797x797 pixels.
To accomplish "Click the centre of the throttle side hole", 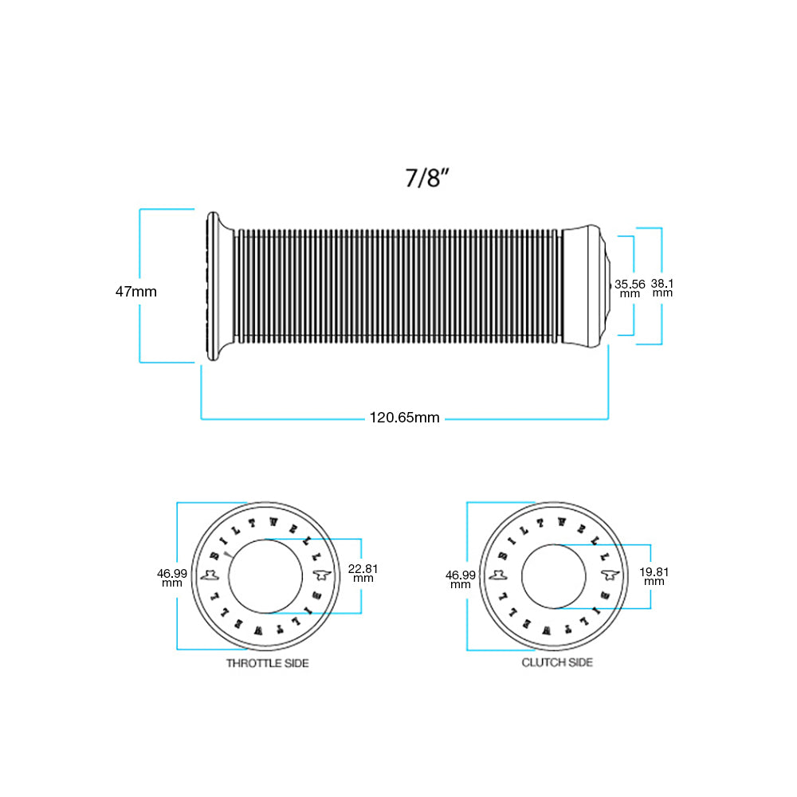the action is tap(265, 576).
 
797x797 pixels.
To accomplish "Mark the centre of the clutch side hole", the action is tap(554, 576).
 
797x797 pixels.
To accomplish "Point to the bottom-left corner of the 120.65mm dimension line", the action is tap(202, 419).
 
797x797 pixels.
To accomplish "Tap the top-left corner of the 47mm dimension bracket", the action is tap(139, 209).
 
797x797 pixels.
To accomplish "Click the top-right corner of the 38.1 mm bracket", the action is tap(662, 228).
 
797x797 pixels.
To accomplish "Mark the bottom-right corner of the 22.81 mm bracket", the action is tap(361, 613).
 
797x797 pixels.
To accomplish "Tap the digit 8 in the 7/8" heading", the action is tap(433, 179).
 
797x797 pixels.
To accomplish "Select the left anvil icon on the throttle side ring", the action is tap(210, 575).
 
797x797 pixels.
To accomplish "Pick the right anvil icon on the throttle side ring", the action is tap(322, 575).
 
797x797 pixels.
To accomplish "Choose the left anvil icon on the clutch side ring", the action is tap(498, 575).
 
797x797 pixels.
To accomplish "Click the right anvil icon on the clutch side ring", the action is tap(610, 575).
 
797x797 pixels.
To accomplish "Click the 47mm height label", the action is tap(135, 292).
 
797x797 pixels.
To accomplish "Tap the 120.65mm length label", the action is tap(405, 418).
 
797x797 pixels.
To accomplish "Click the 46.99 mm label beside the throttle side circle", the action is tap(172, 578).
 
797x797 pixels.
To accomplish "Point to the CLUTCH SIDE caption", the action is tap(557, 662).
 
